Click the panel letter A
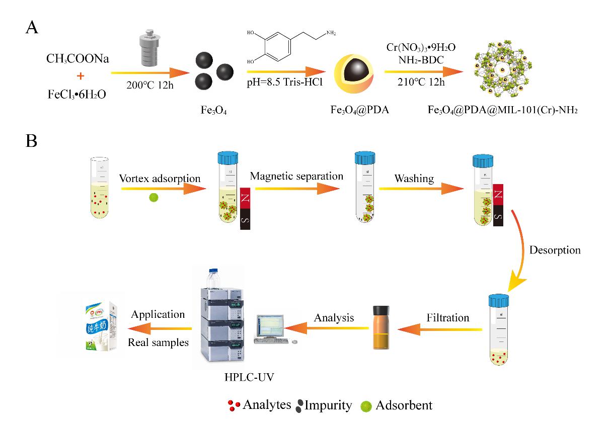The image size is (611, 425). click(32, 27)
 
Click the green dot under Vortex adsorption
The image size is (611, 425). click(154, 197)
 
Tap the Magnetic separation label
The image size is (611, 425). click(296, 177)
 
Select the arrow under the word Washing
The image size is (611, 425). click(421, 189)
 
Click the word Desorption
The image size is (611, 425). click(555, 250)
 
